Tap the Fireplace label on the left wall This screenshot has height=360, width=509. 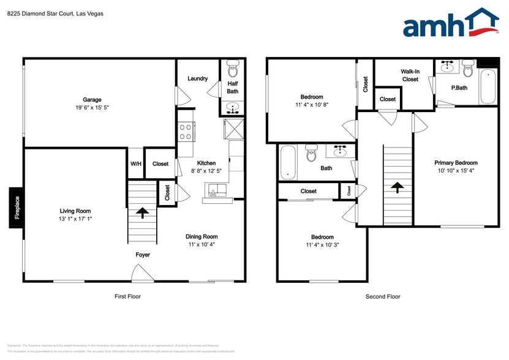pyautogui.click(x=17, y=208)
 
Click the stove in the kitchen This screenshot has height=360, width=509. pyautogui.click(x=186, y=131)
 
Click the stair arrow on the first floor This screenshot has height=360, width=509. pyautogui.click(x=142, y=212)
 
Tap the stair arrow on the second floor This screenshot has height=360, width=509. pyautogui.click(x=397, y=187)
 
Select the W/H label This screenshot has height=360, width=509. pyautogui.click(x=135, y=163)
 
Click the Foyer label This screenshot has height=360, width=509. pyautogui.click(x=142, y=255)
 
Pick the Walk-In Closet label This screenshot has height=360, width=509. pyautogui.click(x=410, y=75)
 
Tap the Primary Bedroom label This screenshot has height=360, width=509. pyautogui.click(x=456, y=163)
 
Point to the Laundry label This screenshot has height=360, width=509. pyautogui.click(x=197, y=78)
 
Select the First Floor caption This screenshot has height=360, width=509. pyautogui.click(x=127, y=296)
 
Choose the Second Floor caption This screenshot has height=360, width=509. pyautogui.click(x=383, y=296)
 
